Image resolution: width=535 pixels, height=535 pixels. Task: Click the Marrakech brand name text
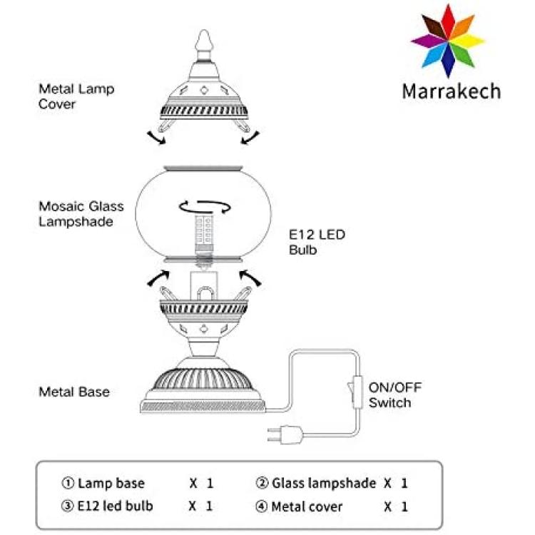(x=452, y=91)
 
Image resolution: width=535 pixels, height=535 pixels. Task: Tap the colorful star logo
(x=448, y=41)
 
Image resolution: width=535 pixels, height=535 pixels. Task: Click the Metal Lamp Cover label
(x=76, y=96)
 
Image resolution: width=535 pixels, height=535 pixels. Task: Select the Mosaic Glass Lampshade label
(x=81, y=214)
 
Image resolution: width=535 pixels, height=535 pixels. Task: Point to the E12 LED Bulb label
(x=317, y=243)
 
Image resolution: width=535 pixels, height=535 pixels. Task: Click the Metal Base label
(x=74, y=392)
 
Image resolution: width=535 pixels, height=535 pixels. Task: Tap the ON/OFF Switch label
(x=395, y=395)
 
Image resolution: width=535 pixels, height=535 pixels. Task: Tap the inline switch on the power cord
(x=355, y=392)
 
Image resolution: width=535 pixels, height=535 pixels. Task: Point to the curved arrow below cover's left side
(x=156, y=138)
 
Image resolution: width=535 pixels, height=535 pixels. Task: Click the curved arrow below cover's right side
(x=250, y=138)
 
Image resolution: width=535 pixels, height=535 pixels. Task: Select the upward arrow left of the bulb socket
(x=158, y=277)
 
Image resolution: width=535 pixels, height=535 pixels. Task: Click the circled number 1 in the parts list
(x=68, y=483)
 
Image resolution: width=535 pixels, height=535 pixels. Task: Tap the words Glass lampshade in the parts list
(x=324, y=483)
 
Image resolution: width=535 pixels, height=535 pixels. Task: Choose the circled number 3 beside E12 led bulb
(x=67, y=506)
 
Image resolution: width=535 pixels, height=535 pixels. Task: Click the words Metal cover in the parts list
(x=307, y=506)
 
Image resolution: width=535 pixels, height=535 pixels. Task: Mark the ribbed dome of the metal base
(x=203, y=379)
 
